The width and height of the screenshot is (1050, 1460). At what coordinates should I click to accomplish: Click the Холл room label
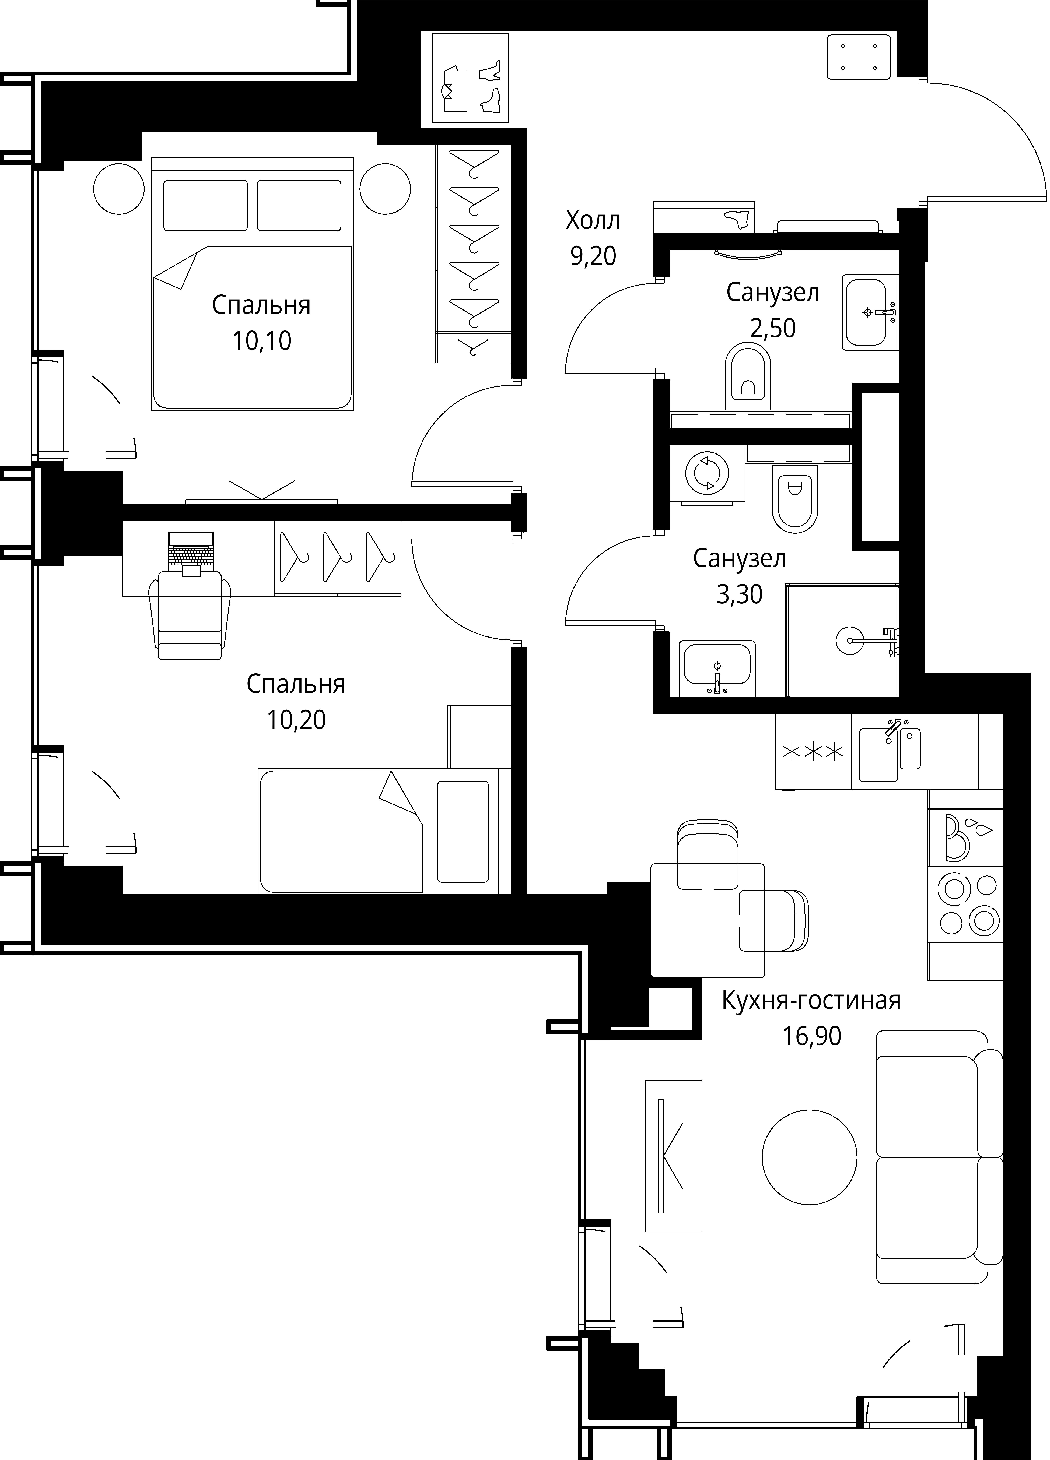tap(592, 221)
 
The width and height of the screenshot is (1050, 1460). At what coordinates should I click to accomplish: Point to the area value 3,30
tap(739, 594)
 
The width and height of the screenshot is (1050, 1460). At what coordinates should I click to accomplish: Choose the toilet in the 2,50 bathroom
tap(748, 375)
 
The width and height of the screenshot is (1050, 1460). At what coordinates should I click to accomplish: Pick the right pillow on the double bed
tap(299, 205)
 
